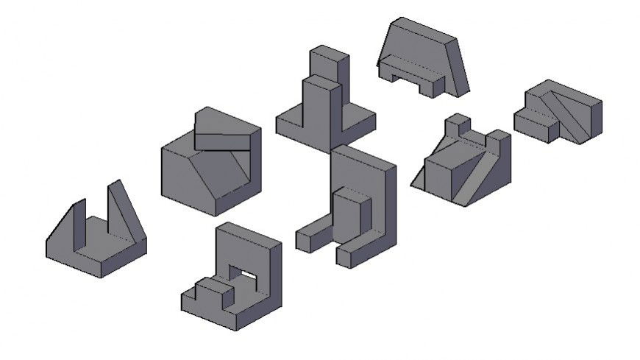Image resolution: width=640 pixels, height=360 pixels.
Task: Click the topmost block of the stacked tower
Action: (x=327, y=64)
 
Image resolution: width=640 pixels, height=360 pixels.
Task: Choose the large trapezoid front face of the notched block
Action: (x=416, y=52)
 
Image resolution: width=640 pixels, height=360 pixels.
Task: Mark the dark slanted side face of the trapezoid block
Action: (x=458, y=66)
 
